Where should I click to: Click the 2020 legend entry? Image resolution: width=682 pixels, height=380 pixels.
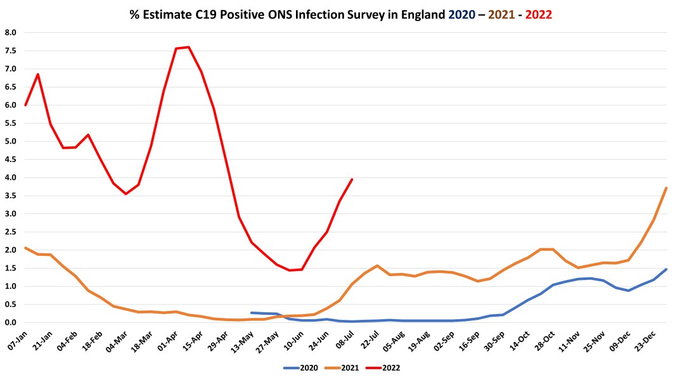302,367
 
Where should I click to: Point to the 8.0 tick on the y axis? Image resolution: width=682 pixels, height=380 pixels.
11,32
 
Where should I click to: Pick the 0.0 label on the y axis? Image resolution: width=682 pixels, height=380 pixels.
11,322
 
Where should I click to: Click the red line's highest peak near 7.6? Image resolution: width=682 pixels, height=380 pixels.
189,47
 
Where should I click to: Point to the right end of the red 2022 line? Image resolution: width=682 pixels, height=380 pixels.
352,179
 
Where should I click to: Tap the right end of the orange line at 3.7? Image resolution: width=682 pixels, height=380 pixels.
666,188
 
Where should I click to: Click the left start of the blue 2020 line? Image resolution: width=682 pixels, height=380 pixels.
252,313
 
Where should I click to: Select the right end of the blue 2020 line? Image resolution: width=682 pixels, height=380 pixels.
666,269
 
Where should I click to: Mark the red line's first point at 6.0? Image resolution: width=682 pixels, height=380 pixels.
25,105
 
